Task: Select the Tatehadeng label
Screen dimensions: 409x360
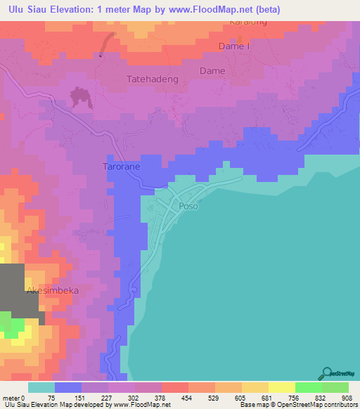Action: tap(150, 79)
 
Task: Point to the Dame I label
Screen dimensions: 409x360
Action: tap(235, 47)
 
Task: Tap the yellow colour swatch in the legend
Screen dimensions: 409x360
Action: tap(281, 387)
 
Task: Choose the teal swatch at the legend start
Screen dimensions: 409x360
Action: tap(41, 387)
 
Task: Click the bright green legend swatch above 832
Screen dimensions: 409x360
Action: tap(308, 387)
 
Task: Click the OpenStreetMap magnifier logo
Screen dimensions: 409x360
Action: tap(328, 373)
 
